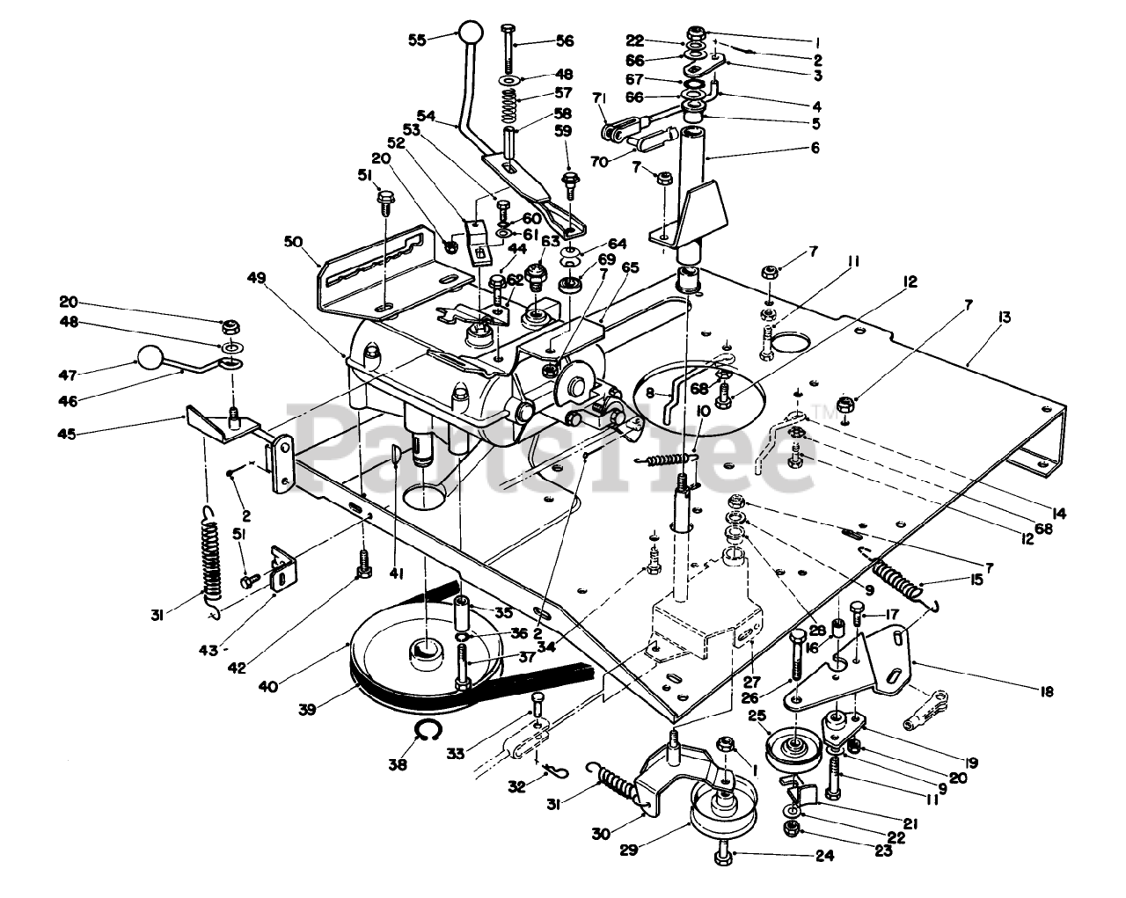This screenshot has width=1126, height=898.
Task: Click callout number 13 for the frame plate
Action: click(x=1004, y=318)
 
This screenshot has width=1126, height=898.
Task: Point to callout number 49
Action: click(x=257, y=277)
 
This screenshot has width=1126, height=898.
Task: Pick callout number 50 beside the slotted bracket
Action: click(x=294, y=241)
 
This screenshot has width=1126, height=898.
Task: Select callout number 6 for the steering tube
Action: click(x=815, y=148)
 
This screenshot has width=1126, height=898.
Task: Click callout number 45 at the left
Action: click(x=67, y=434)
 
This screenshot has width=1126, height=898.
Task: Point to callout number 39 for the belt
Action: click(x=308, y=710)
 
